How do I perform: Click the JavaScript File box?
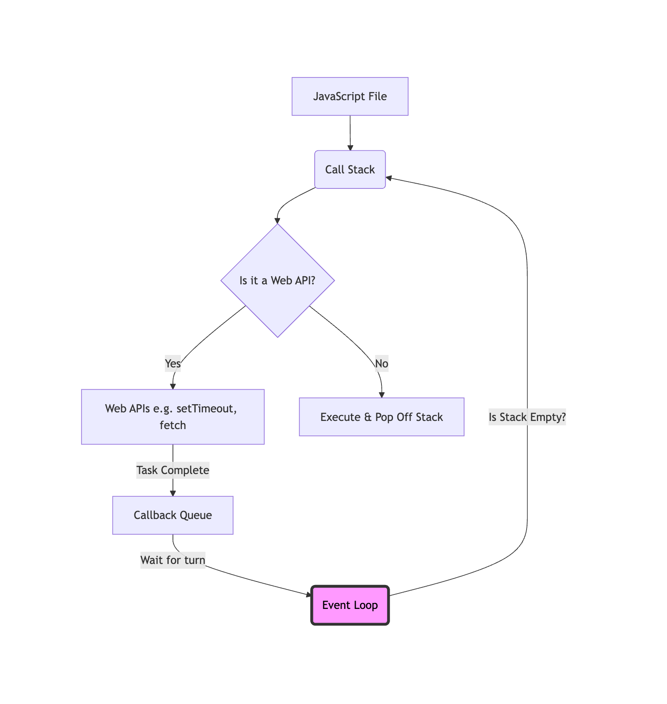coord(350,96)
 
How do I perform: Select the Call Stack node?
coord(350,170)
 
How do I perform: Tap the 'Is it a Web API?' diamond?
coord(277,280)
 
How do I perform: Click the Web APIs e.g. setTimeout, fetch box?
coord(173,417)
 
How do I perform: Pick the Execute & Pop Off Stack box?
coord(381,417)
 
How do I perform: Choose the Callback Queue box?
coord(173,515)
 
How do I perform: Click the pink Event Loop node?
coord(350,605)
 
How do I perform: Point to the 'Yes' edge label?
coord(173,364)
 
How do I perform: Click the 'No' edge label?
coord(381,364)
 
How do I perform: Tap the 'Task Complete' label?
coord(173,470)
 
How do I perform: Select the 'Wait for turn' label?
coord(173,560)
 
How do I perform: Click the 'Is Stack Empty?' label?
coord(527,417)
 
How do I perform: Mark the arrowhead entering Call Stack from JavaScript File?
coord(350,148)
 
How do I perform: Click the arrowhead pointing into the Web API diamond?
coord(277,221)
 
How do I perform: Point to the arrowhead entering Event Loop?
coord(309,594)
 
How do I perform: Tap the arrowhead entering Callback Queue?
coord(173,493)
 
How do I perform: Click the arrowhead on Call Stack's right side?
coord(389,178)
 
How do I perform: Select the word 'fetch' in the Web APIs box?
coord(173,425)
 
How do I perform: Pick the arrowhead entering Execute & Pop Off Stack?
coord(381,395)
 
